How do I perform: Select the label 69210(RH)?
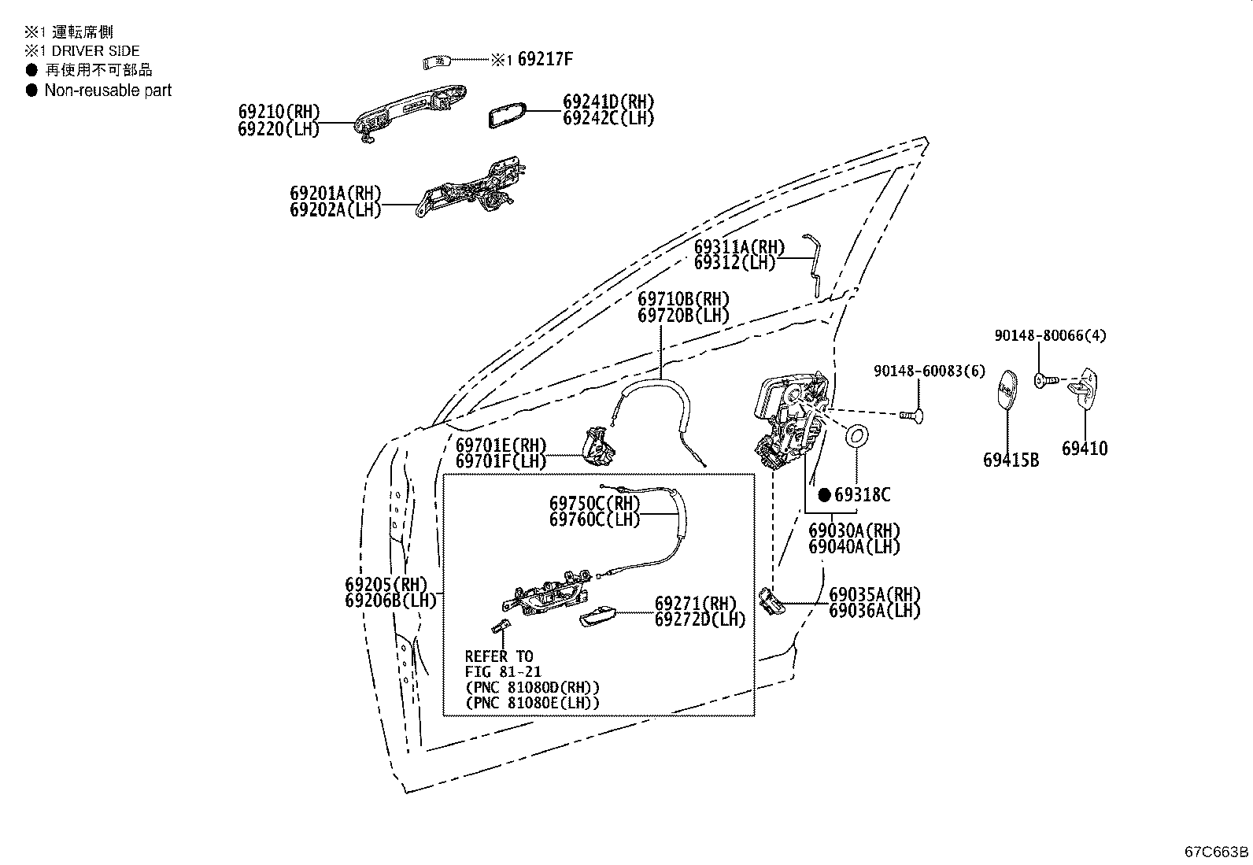pos(279,113)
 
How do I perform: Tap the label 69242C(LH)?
pos(608,119)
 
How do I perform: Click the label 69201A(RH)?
pos(335,194)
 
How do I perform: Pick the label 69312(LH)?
pos(734,264)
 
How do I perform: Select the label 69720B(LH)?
pos(683,316)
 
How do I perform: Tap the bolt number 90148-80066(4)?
pos(1049,335)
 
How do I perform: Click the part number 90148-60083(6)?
pos(929,371)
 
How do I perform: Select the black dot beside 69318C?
pos(824,495)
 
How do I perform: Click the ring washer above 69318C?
pos(856,436)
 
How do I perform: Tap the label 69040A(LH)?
pos(853,547)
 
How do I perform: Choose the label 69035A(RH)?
pos(874,594)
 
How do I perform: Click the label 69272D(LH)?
pos(700,619)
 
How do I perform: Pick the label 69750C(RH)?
pos(594,503)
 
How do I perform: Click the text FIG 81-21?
pos(502,672)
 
